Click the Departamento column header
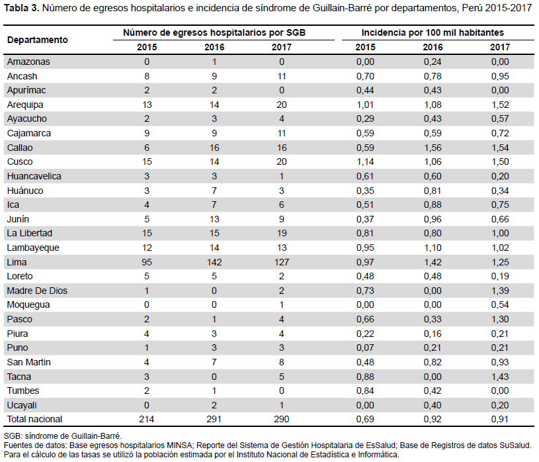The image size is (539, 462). (38, 40)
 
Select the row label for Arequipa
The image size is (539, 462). (25, 105)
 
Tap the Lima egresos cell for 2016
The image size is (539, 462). (214, 262)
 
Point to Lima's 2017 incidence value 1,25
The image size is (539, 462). (500, 262)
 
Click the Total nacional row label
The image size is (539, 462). (34, 419)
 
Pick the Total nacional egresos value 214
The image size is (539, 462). (147, 419)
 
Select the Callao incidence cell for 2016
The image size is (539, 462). (433, 148)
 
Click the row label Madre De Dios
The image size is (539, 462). (37, 291)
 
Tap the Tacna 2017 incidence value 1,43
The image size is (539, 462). (500, 377)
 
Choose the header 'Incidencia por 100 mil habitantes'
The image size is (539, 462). (433, 32)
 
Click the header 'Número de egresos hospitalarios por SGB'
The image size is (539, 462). (214, 32)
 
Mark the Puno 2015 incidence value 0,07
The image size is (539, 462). (365, 347)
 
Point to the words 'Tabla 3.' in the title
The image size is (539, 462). (21, 8)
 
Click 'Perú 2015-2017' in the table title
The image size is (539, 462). (497, 8)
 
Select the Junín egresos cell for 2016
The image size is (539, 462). (214, 219)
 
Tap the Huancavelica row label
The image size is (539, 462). (34, 176)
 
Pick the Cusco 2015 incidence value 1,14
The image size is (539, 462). (365, 162)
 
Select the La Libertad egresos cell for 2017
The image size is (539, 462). (282, 233)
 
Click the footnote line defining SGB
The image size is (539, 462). (63, 436)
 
